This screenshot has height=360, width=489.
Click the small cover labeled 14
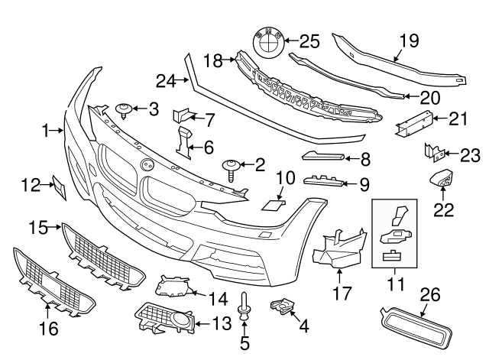pos(173,287)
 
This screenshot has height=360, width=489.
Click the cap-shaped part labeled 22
pos(441,181)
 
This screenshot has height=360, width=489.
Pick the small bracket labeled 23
pos(430,153)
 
